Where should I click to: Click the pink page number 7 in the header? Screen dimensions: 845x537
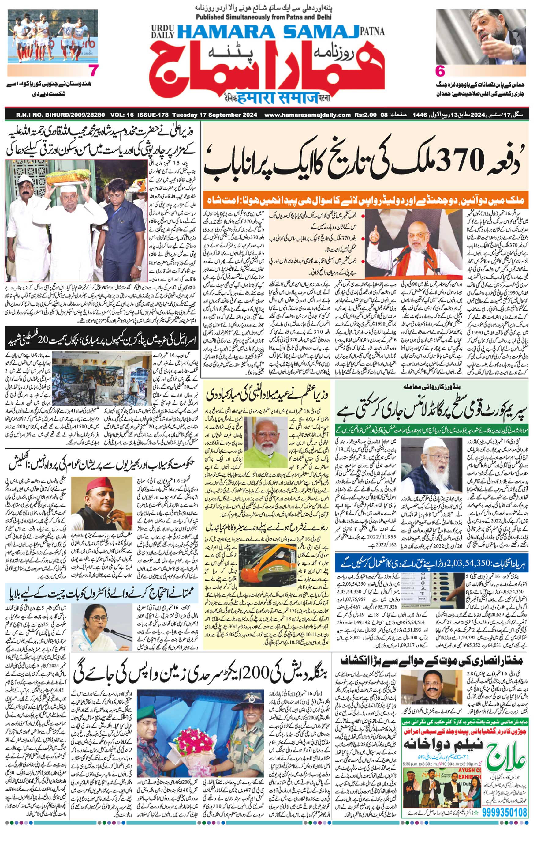coord(93,71)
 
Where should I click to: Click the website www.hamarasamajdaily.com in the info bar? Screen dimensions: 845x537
coord(307,115)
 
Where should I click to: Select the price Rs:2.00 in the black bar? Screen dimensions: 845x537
coord(365,115)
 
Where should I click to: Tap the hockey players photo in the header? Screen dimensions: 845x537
coord(53,36)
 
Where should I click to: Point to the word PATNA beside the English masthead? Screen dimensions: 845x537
coord(372,32)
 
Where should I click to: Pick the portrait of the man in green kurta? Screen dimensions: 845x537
coord(265,442)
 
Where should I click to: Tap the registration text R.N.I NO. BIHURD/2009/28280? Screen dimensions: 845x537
coord(60,115)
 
